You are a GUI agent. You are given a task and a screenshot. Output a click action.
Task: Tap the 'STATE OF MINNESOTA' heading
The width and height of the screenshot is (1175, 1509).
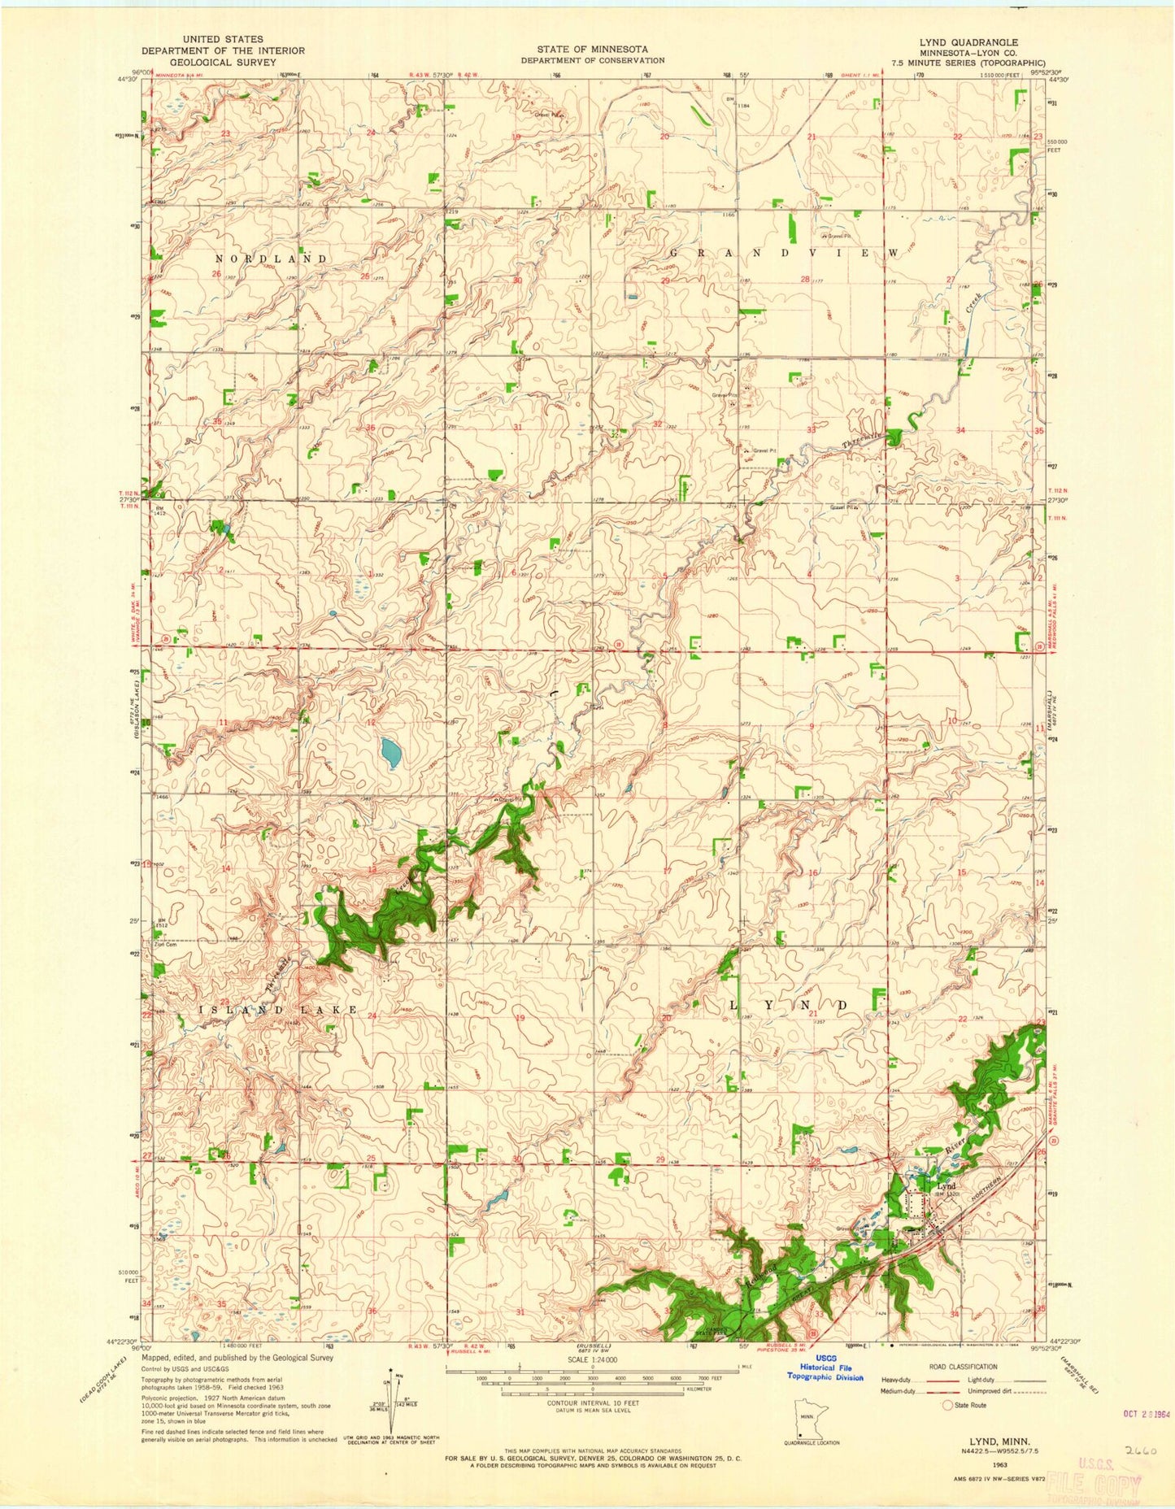click(x=592, y=49)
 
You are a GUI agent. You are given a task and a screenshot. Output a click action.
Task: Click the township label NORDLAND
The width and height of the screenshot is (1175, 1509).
click(x=271, y=259)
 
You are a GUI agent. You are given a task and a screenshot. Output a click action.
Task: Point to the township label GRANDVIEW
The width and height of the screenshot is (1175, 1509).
click(x=784, y=254)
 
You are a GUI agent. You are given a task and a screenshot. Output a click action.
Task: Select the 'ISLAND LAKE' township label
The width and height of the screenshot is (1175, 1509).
click(x=278, y=1010)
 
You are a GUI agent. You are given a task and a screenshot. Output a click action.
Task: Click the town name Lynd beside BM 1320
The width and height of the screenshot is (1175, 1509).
click(x=946, y=1186)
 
